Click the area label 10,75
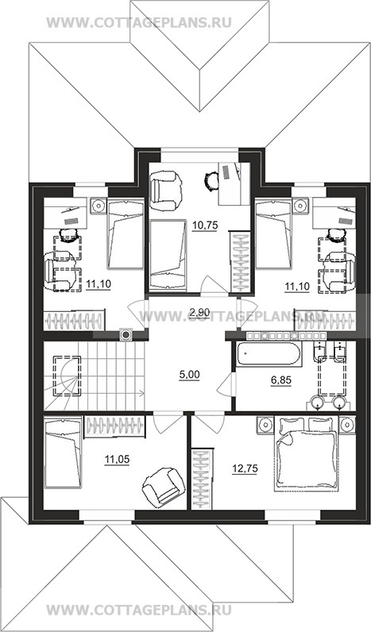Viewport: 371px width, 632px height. coord(205,225)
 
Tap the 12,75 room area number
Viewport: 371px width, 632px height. coord(245,468)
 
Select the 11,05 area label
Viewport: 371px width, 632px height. coord(117,459)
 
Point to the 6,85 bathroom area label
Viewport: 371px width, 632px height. coord(281,380)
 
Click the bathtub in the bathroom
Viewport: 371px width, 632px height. coord(269,355)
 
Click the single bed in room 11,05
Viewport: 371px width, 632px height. coord(63,453)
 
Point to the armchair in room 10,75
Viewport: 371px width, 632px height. coord(164,186)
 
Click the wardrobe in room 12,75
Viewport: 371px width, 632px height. coord(201,479)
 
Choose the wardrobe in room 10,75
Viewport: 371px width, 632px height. coord(241,261)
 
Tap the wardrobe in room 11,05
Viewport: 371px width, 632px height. coord(115,426)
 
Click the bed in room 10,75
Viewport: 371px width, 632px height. coord(168,255)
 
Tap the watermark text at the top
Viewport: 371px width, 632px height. coord(139,22)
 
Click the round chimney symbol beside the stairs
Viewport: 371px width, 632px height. coord(126,334)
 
